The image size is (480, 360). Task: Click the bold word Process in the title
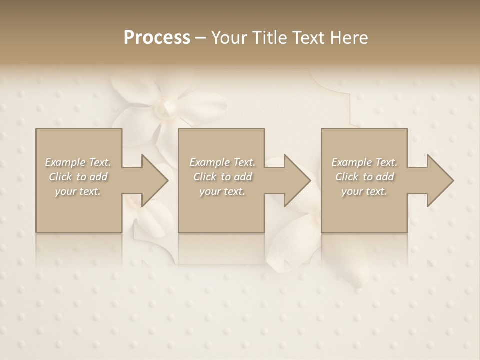[x=157, y=38]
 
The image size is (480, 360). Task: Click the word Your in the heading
[x=228, y=38]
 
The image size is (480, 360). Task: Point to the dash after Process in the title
[x=201, y=38]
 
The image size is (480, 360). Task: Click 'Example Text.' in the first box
[x=78, y=162]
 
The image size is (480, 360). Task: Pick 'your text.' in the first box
[x=78, y=191]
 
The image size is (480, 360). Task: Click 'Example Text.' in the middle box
[x=222, y=162]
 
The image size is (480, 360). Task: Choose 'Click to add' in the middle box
[x=222, y=177]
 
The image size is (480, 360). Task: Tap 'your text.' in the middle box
[x=222, y=191]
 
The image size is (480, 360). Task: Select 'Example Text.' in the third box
[x=364, y=162]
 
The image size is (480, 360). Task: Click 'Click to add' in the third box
[x=364, y=177]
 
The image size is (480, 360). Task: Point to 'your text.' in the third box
[x=364, y=191]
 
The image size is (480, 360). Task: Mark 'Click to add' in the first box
[x=78, y=177]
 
